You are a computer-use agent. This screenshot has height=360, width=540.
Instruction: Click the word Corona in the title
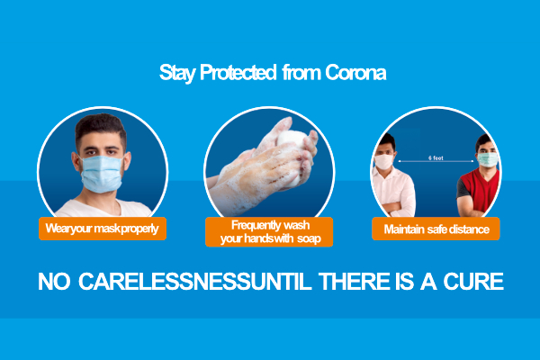[355, 72]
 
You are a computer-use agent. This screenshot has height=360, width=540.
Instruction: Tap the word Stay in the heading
[177, 73]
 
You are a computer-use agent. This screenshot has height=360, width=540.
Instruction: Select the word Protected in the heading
[238, 72]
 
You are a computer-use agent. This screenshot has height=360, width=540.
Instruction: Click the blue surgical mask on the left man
[102, 174]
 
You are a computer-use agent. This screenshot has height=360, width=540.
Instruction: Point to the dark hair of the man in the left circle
[101, 128]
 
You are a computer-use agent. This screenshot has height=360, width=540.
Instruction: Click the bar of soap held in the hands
[291, 139]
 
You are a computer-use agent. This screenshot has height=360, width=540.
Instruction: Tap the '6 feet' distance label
[436, 157]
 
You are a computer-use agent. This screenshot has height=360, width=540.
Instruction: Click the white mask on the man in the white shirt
[384, 161]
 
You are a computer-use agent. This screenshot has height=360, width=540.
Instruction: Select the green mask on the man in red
[488, 159]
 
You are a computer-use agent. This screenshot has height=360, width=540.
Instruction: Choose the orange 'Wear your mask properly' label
[103, 229]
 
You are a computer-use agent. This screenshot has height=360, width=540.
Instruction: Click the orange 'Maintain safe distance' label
[436, 229]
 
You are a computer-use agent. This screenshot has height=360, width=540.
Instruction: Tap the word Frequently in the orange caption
[256, 225]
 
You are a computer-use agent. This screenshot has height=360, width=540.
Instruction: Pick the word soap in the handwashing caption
[309, 238]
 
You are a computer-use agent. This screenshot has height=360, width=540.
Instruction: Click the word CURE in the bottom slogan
[473, 282]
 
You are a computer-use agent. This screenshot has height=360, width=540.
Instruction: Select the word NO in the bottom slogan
[54, 282]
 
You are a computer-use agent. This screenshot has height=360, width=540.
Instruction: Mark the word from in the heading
[301, 72]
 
